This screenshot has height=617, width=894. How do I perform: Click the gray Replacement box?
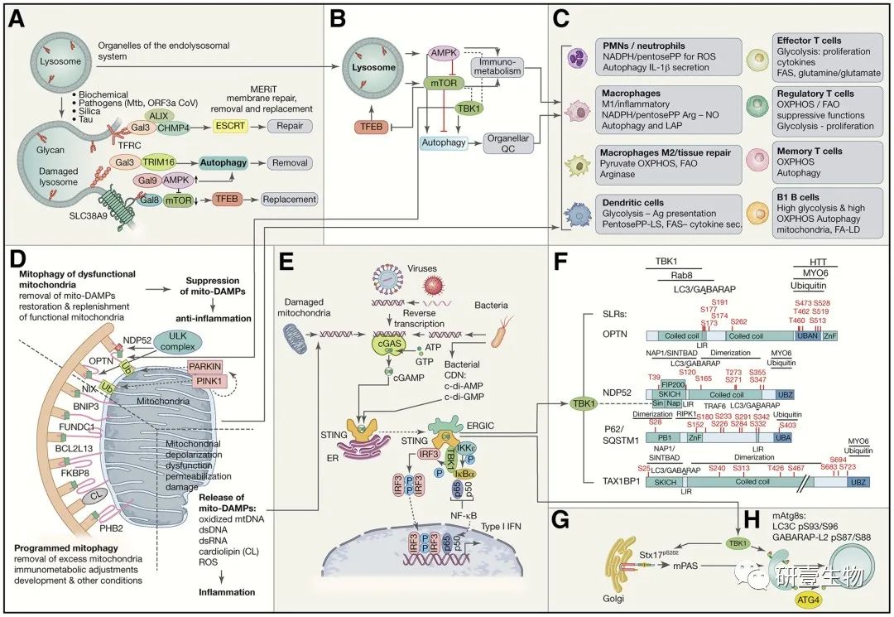click(x=291, y=199)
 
